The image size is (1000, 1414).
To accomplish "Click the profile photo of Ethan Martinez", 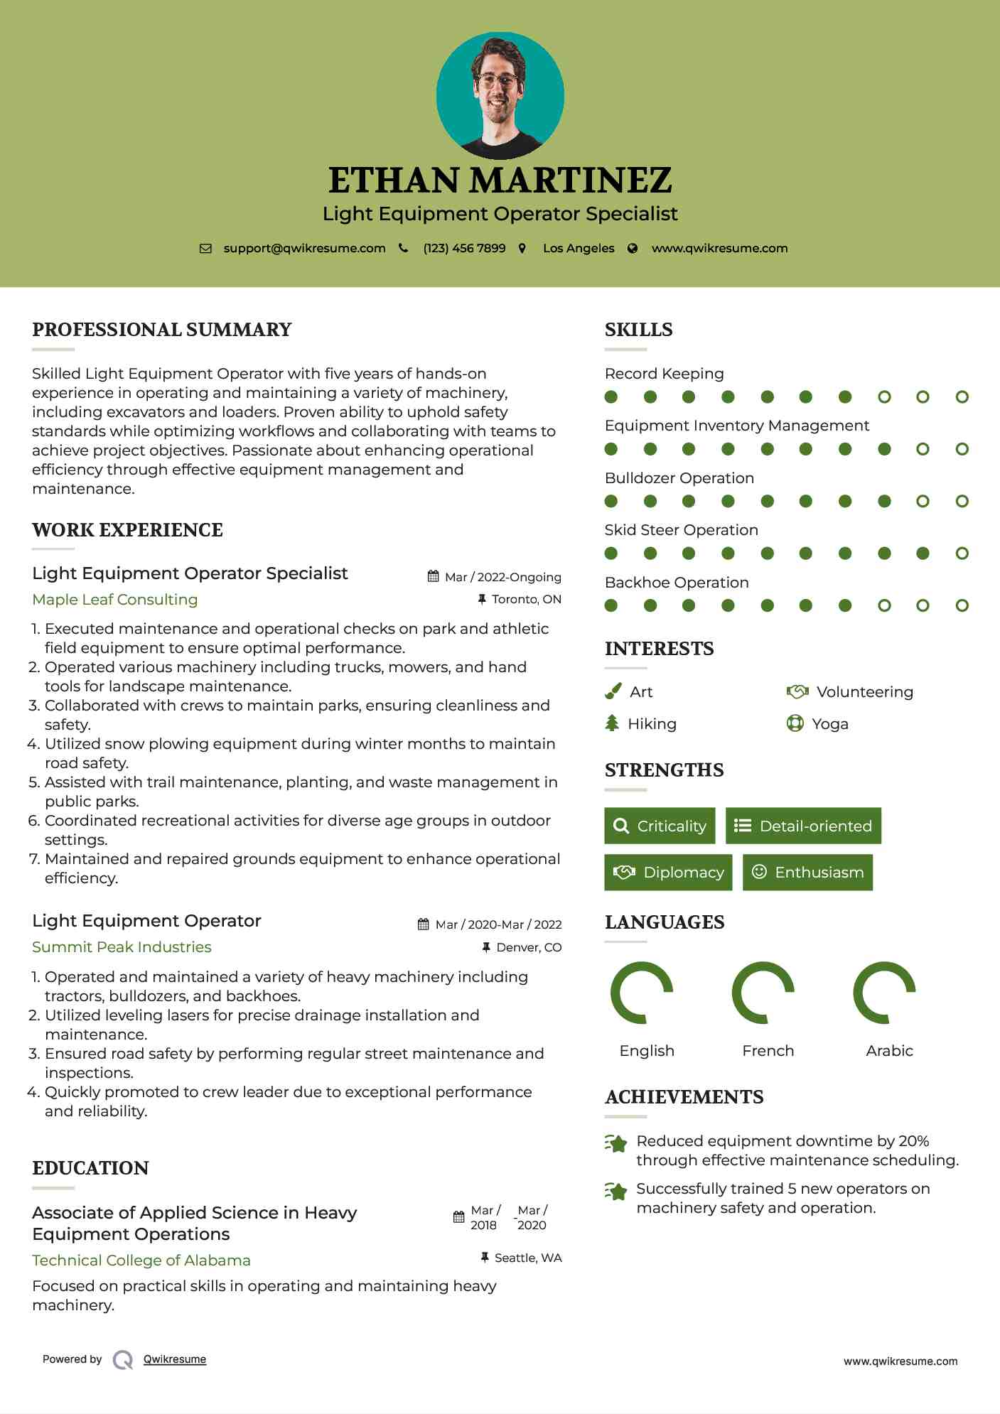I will pyautogui.click(x=500, y=95).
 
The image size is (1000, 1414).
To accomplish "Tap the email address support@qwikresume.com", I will pyautogui.click(x=304, y=248).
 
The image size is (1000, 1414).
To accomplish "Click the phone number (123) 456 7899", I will pyautogui.click(x=464, y=248).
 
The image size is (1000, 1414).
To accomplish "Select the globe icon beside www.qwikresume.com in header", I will pyautogui.click(x=633, y=248).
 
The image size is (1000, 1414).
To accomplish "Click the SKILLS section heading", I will pyautogui.click(x=638, y=330).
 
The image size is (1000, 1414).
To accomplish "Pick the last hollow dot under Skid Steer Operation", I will pyautogui.click(x=962, y=554).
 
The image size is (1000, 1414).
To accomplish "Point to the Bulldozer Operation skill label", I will pyautogui.click(x=679, y=478).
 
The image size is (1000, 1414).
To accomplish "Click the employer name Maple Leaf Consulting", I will pyautogui.click(x=115, y=600).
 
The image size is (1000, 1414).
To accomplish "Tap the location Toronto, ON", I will pyautogui.click(x=526, y=599).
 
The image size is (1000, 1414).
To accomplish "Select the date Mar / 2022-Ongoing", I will pyautogui.click(x=502, y=577).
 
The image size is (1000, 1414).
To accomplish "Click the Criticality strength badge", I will pyautogui.click(x=660, y=826).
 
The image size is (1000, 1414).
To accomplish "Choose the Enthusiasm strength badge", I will pyautogui.click(x=807, y=873).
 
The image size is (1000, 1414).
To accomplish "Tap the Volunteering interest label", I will pyautogui.click(x=864, y=692).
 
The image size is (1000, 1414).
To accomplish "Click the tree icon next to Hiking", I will pyautogui.click(x=612, y=723).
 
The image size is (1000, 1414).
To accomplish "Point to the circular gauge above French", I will pyautogui.click(x=763, y=993).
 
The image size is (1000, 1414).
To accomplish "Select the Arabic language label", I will pyautogui.click(x=889, y=1051).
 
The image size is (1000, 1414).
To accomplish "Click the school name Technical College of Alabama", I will pyautogui.click(x=141, y=1261).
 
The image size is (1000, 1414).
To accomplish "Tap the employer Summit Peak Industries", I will pyautogui.click(x=122, y=947).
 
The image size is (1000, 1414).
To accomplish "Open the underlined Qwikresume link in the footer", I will pyautogui.click(x=175, y=1359).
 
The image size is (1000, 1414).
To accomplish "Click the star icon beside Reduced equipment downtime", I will pyautogui.click(x=615, y=1143).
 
